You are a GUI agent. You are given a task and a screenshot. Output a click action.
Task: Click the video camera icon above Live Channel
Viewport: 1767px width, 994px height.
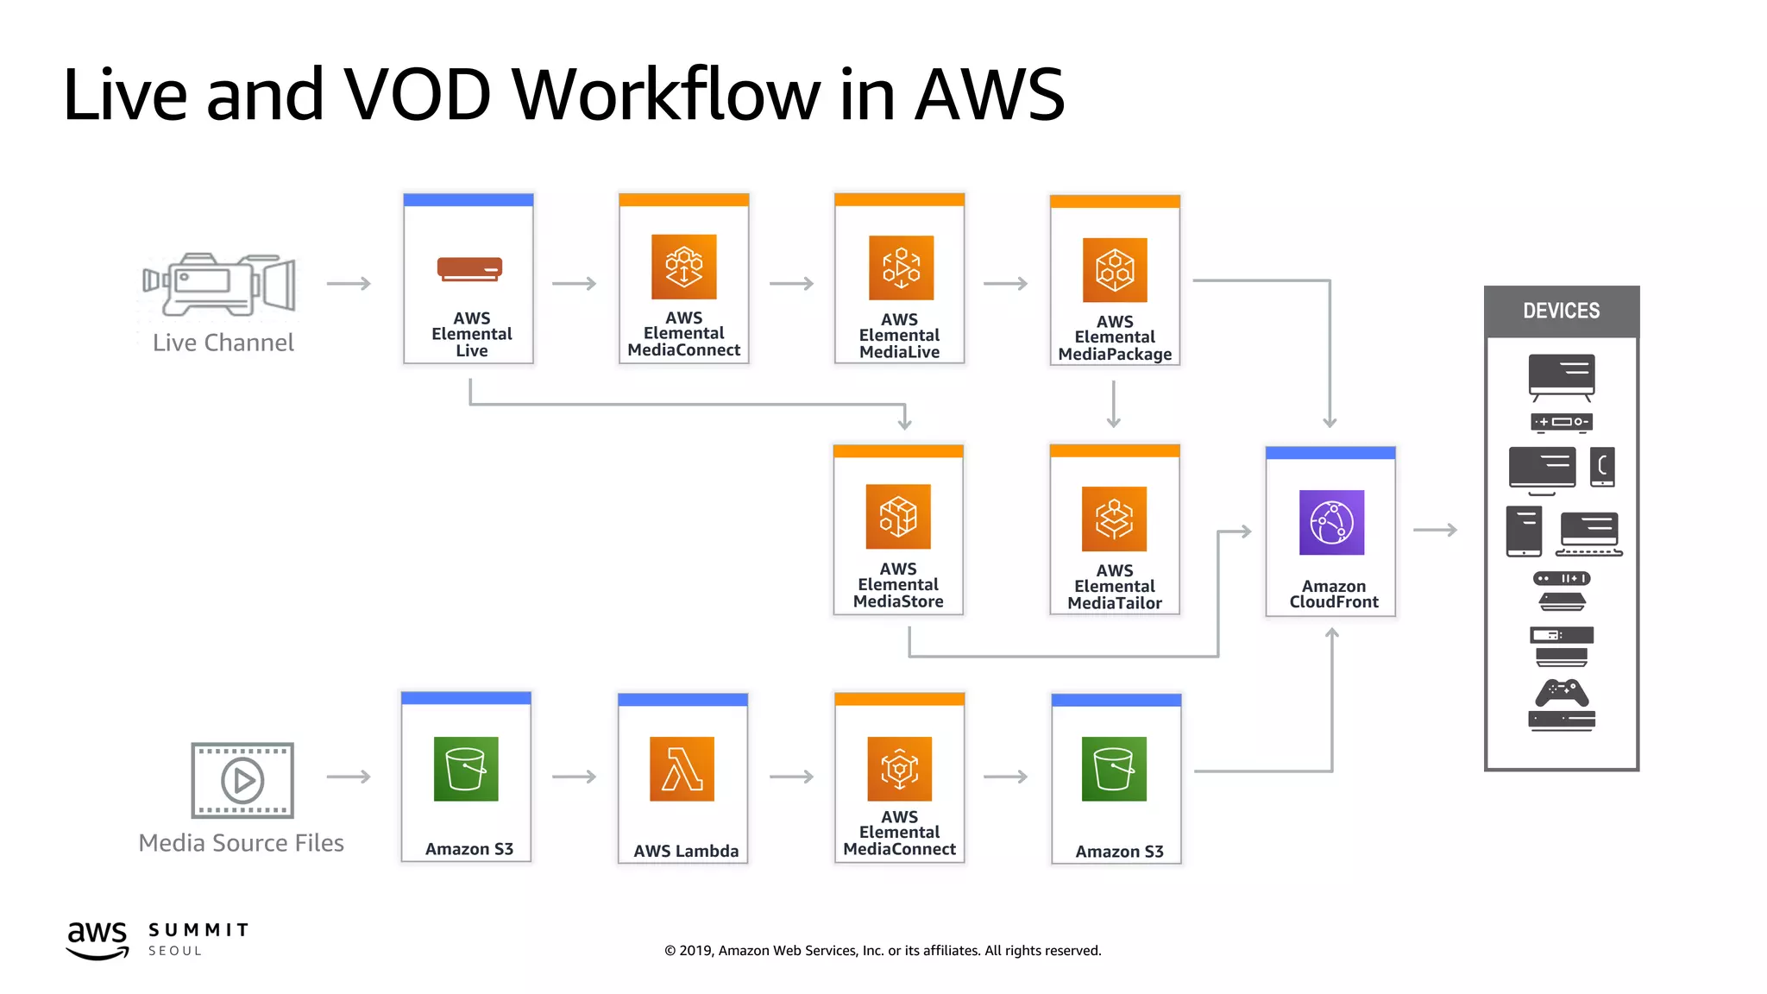219,284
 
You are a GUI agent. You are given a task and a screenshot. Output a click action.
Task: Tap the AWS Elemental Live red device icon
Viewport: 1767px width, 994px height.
469,269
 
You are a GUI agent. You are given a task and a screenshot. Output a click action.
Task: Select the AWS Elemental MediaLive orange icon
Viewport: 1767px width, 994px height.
901,267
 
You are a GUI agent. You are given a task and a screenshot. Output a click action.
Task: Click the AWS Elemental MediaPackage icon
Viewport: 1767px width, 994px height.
1115,270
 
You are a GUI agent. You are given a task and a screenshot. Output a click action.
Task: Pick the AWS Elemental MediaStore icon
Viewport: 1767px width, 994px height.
898,517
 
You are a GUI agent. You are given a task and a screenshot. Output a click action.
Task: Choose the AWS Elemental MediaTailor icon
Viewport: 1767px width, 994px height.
1114,519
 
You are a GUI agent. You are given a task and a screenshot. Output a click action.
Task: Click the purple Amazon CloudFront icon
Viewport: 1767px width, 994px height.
1331,523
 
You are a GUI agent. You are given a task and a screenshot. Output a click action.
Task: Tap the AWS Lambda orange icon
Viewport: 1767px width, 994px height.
682,769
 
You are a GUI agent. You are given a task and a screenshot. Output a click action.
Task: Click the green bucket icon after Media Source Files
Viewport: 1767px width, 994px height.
466,769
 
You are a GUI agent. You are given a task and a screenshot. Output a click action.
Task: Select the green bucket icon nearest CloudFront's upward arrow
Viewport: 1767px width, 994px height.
1114,769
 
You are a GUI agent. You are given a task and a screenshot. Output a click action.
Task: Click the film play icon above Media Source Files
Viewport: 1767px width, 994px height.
242,780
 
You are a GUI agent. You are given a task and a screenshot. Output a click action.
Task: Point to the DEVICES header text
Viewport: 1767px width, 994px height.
1561,311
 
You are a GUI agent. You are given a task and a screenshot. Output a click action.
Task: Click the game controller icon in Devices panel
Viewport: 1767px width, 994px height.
1562,692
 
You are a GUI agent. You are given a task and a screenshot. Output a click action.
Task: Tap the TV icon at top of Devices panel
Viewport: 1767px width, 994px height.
1562,376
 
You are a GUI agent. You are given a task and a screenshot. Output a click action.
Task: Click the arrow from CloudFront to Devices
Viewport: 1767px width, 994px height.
1435,530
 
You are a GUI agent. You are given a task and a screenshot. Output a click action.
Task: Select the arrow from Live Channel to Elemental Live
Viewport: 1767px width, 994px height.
349,283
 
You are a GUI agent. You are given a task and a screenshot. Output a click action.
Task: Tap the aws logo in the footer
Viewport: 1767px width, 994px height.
97,939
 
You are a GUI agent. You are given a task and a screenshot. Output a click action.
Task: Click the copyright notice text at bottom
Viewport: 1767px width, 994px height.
883,950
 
